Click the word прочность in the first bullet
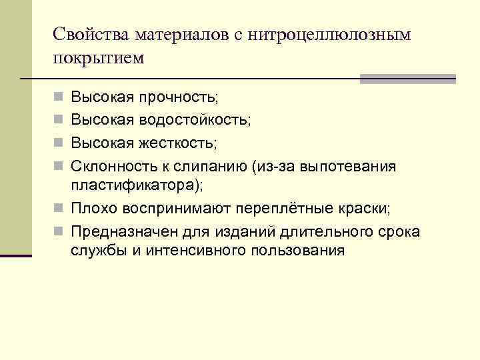click(x=177, y=97)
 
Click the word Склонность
click(x=109, y=165)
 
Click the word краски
click(x=366, y=209)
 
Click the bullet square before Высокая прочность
click(x=59, y=97)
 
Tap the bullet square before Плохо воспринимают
click(x=59, y=209)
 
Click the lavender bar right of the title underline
click(x=407, y=79)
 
